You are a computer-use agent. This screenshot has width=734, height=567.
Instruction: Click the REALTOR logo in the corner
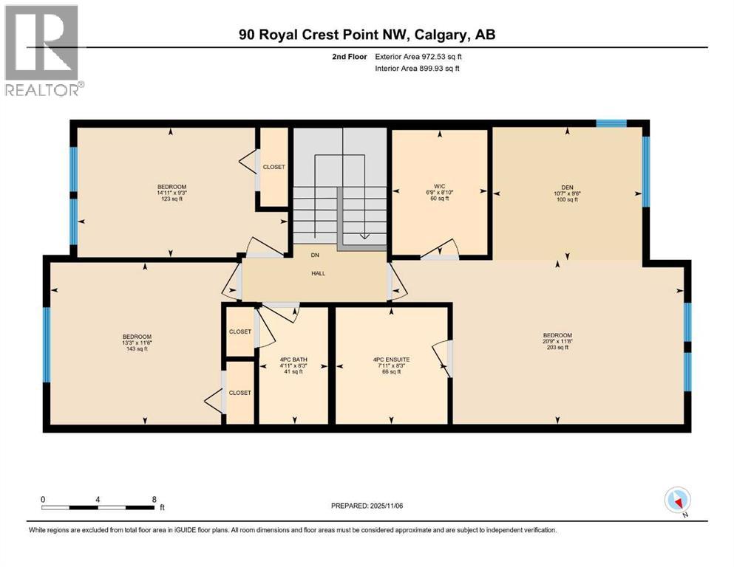42,50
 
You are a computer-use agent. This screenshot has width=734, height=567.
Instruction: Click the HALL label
318,273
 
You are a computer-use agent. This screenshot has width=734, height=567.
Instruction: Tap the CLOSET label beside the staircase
273,168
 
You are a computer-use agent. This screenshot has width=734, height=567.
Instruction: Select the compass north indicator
677,501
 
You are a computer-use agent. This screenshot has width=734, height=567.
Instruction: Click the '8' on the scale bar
154,498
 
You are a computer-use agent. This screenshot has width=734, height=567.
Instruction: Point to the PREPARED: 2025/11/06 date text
367,506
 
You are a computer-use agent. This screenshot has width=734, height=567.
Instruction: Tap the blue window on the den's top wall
611,123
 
